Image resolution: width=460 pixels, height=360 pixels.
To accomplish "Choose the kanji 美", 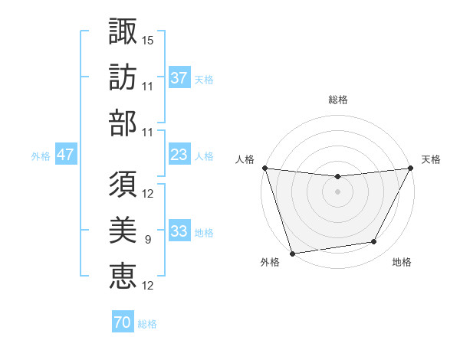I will point(123,229).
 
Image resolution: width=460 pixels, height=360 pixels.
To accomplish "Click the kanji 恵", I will point(123,276).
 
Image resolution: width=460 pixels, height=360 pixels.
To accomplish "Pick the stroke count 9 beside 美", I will point(147,240).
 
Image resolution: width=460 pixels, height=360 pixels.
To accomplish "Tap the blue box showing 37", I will point(179,77).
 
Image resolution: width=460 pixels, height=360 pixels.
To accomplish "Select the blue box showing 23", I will point(179,155).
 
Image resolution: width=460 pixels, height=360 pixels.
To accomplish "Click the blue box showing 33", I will point(179,231).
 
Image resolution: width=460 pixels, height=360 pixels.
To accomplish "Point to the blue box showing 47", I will point(65,155).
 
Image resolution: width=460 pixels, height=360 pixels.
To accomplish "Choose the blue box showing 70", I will point(122,322).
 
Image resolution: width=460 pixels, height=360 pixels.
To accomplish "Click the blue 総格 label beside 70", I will point(147,323).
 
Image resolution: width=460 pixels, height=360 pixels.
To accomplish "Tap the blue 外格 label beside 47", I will point(41,155).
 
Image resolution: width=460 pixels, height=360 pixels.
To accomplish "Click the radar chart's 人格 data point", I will point(264,168).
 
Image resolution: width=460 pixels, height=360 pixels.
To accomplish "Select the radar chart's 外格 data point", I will point(292,253).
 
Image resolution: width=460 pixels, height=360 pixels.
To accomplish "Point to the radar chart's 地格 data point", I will point(374,242).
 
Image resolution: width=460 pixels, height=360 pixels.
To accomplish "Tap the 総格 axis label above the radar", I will point(337,100).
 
